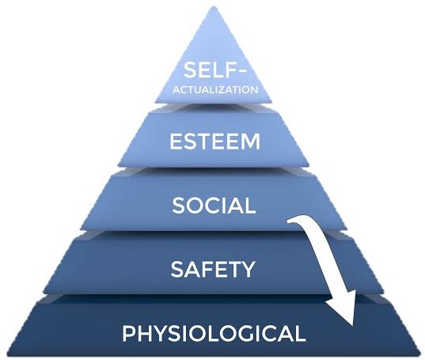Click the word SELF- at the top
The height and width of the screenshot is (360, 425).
215,70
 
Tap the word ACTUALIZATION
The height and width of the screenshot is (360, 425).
215,90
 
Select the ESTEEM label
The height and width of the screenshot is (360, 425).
215,142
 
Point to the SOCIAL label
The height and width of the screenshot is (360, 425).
214,205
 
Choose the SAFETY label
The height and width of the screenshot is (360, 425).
213,269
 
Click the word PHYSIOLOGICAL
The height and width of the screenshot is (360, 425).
214,333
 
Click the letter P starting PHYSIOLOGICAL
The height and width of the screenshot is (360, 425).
129,333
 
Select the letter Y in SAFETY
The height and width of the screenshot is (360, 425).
247,269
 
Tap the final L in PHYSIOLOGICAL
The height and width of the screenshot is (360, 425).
299,333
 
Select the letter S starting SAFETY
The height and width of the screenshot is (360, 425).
176,269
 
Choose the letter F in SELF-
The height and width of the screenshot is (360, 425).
232,70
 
